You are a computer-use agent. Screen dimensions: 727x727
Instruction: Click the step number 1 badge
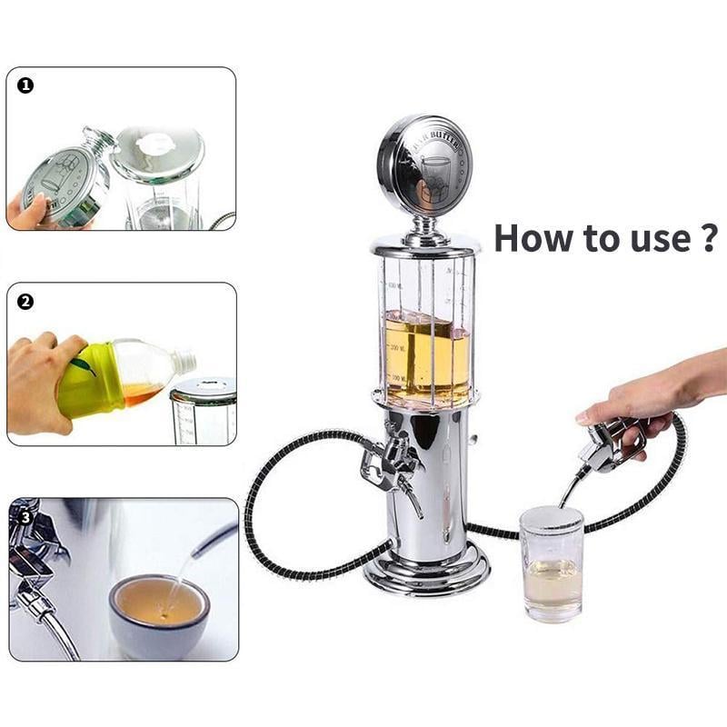tap(25, 85)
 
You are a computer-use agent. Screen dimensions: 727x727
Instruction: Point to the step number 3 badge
tap(25, 516)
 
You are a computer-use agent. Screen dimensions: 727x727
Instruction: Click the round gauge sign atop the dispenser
tap(424, 164)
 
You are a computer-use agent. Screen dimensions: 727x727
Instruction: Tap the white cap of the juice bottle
tap(184, 362)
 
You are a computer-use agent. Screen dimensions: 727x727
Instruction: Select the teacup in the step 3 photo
tap(159, 613)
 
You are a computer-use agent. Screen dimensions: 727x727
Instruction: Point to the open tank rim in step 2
tap(204, 388)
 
